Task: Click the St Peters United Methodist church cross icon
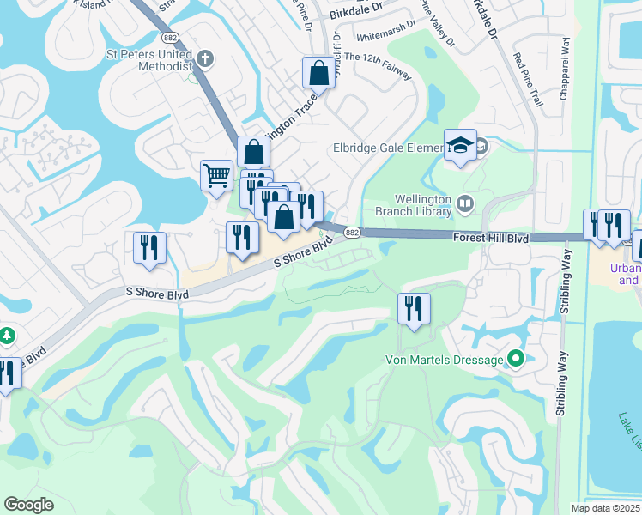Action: [203, 59]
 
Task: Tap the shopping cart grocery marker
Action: [216, 175]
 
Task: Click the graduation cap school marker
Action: [460, 146]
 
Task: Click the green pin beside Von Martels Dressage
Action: [515, 359]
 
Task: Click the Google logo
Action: [29, 504]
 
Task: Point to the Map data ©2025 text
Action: [605, 507]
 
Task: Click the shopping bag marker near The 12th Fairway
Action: [318, 74]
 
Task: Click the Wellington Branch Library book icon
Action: [466, 203]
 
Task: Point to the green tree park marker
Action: [6, 334]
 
